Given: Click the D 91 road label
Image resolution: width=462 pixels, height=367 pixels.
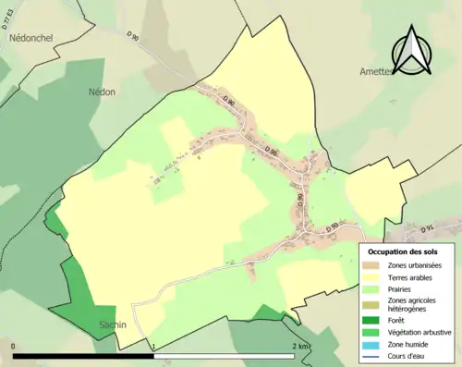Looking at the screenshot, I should point(427,227).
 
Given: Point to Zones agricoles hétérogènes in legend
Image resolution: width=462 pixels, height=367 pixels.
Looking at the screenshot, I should point(415,304).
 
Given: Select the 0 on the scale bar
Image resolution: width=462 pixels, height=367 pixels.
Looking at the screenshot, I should point(14,346).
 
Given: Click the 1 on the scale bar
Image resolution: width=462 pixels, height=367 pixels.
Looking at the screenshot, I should point(153,346).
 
